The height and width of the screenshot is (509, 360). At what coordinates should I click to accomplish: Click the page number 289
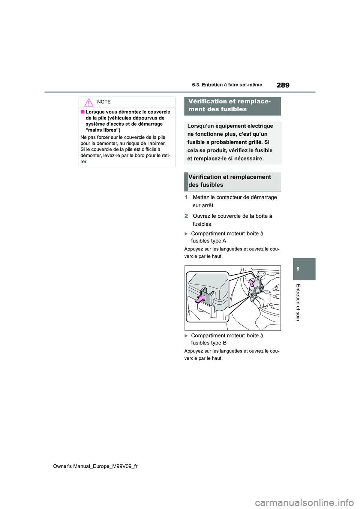(x=283, y=85)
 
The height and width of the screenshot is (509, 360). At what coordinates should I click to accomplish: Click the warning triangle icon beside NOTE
(x=88, y=102)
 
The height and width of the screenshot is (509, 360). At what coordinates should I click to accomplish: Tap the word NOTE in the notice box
(x=104, y=102)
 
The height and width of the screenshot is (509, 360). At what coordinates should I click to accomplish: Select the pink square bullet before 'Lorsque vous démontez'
(x=82, y=112)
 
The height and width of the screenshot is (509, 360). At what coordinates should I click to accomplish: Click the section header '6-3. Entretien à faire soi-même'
(x=227, y=85)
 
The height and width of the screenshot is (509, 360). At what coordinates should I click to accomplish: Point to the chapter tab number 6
(x=298, y=269)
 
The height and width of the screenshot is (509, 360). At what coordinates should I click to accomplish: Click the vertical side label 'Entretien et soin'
(x=298, y=302)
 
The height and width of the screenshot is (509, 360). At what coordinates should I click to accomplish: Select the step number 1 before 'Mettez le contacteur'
(x=186, y=197)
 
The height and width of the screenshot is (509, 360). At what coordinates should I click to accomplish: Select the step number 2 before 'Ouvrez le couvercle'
(x=186, y=216)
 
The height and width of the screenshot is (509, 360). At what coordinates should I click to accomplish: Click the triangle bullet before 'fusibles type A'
(x=186, y=234)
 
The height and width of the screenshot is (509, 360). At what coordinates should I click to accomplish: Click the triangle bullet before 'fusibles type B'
(x=186, y=336)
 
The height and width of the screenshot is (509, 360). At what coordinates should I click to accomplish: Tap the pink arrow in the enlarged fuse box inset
(x=200, y=298)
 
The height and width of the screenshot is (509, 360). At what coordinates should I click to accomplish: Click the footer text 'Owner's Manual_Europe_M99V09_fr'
(x=95, y=466)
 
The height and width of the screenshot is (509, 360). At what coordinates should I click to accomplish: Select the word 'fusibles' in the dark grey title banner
(x=232, y=109)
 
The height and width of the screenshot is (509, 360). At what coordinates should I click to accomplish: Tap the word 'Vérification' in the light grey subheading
(x=205, y=177)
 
